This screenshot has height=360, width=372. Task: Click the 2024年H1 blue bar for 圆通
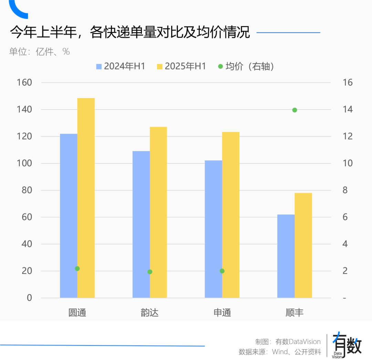[x=69, y=215]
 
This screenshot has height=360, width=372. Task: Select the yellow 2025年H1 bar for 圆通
[x=86, y=198]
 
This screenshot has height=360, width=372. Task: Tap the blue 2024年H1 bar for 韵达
[x=141, y=224]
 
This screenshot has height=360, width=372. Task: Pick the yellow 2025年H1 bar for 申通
[x=231, y=215]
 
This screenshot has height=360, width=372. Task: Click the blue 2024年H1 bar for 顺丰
[x=286, y=256]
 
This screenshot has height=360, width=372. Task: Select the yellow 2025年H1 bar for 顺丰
[x=303, y=245]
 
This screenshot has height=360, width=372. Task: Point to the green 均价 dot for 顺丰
[x=294, y=110]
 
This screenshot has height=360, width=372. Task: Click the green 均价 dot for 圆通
[x=77, y=268]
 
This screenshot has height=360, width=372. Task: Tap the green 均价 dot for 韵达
[x=150, y=272]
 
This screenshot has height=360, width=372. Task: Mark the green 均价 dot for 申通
[x=222, y=271]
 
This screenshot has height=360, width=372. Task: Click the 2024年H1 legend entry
[x=121, y=66]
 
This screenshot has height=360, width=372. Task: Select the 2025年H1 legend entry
[x=182, y=66]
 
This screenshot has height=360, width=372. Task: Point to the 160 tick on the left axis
[x=24, y=83]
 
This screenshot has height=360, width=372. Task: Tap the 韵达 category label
[x=150, y=313]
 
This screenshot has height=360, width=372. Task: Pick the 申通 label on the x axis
[x=222, y=313]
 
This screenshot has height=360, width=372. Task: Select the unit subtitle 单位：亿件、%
[x=40, y=52]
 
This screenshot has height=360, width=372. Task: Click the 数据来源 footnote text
[x=280, y=352]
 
